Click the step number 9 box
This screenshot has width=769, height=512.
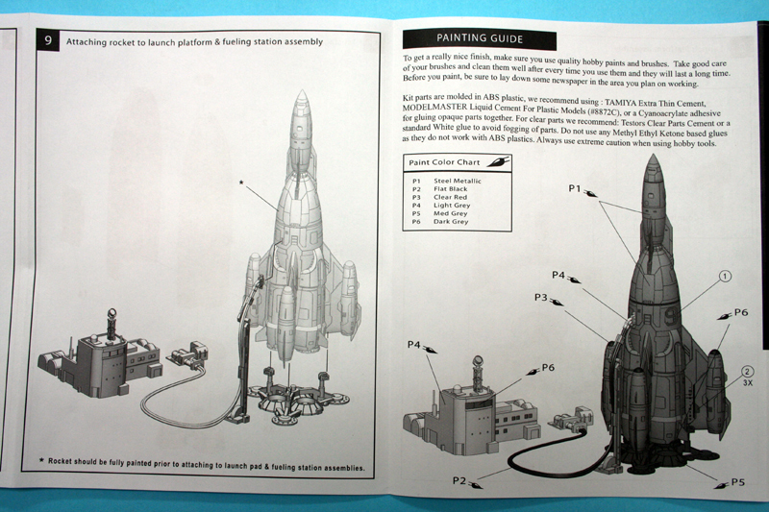coord(47,41)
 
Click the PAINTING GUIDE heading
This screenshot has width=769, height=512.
coord(479,38)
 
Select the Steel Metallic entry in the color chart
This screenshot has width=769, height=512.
coord(457,181)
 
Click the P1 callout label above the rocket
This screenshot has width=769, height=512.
coord(575,189)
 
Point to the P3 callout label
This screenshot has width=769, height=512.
coord(543,297)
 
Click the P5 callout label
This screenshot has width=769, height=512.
coord(738,481)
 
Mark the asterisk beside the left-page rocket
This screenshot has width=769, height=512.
coord(240,181)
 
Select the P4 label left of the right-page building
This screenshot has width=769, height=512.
coord(415,344)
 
